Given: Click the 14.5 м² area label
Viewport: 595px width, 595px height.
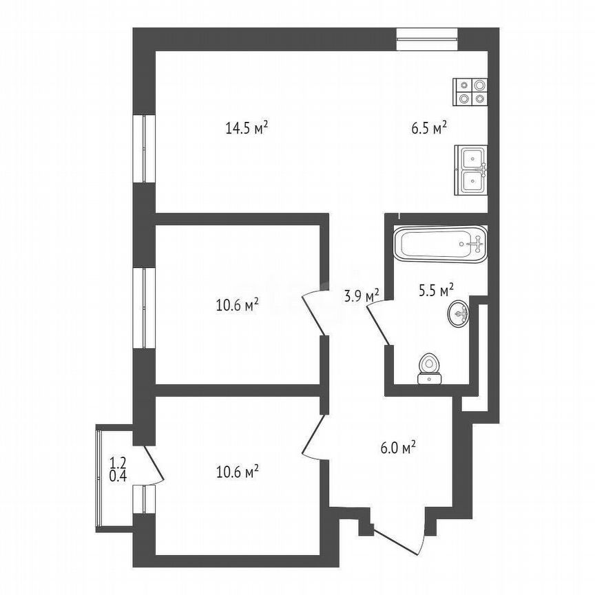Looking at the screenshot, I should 246,127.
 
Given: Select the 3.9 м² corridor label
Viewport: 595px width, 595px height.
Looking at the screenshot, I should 362,296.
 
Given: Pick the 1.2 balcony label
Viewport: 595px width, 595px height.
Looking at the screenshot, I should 117,463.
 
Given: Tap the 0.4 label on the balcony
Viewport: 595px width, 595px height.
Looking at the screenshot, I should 117,474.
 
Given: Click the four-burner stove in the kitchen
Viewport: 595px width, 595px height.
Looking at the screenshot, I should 470,92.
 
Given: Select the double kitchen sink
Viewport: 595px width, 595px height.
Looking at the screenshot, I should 471,169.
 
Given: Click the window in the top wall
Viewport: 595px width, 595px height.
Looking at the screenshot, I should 427,38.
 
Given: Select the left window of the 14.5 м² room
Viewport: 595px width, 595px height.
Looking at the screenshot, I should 144,148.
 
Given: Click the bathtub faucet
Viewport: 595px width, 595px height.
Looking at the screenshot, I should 474,242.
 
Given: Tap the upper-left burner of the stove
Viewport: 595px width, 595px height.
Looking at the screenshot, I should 463,85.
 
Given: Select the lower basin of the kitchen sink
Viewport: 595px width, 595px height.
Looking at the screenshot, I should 471,181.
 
